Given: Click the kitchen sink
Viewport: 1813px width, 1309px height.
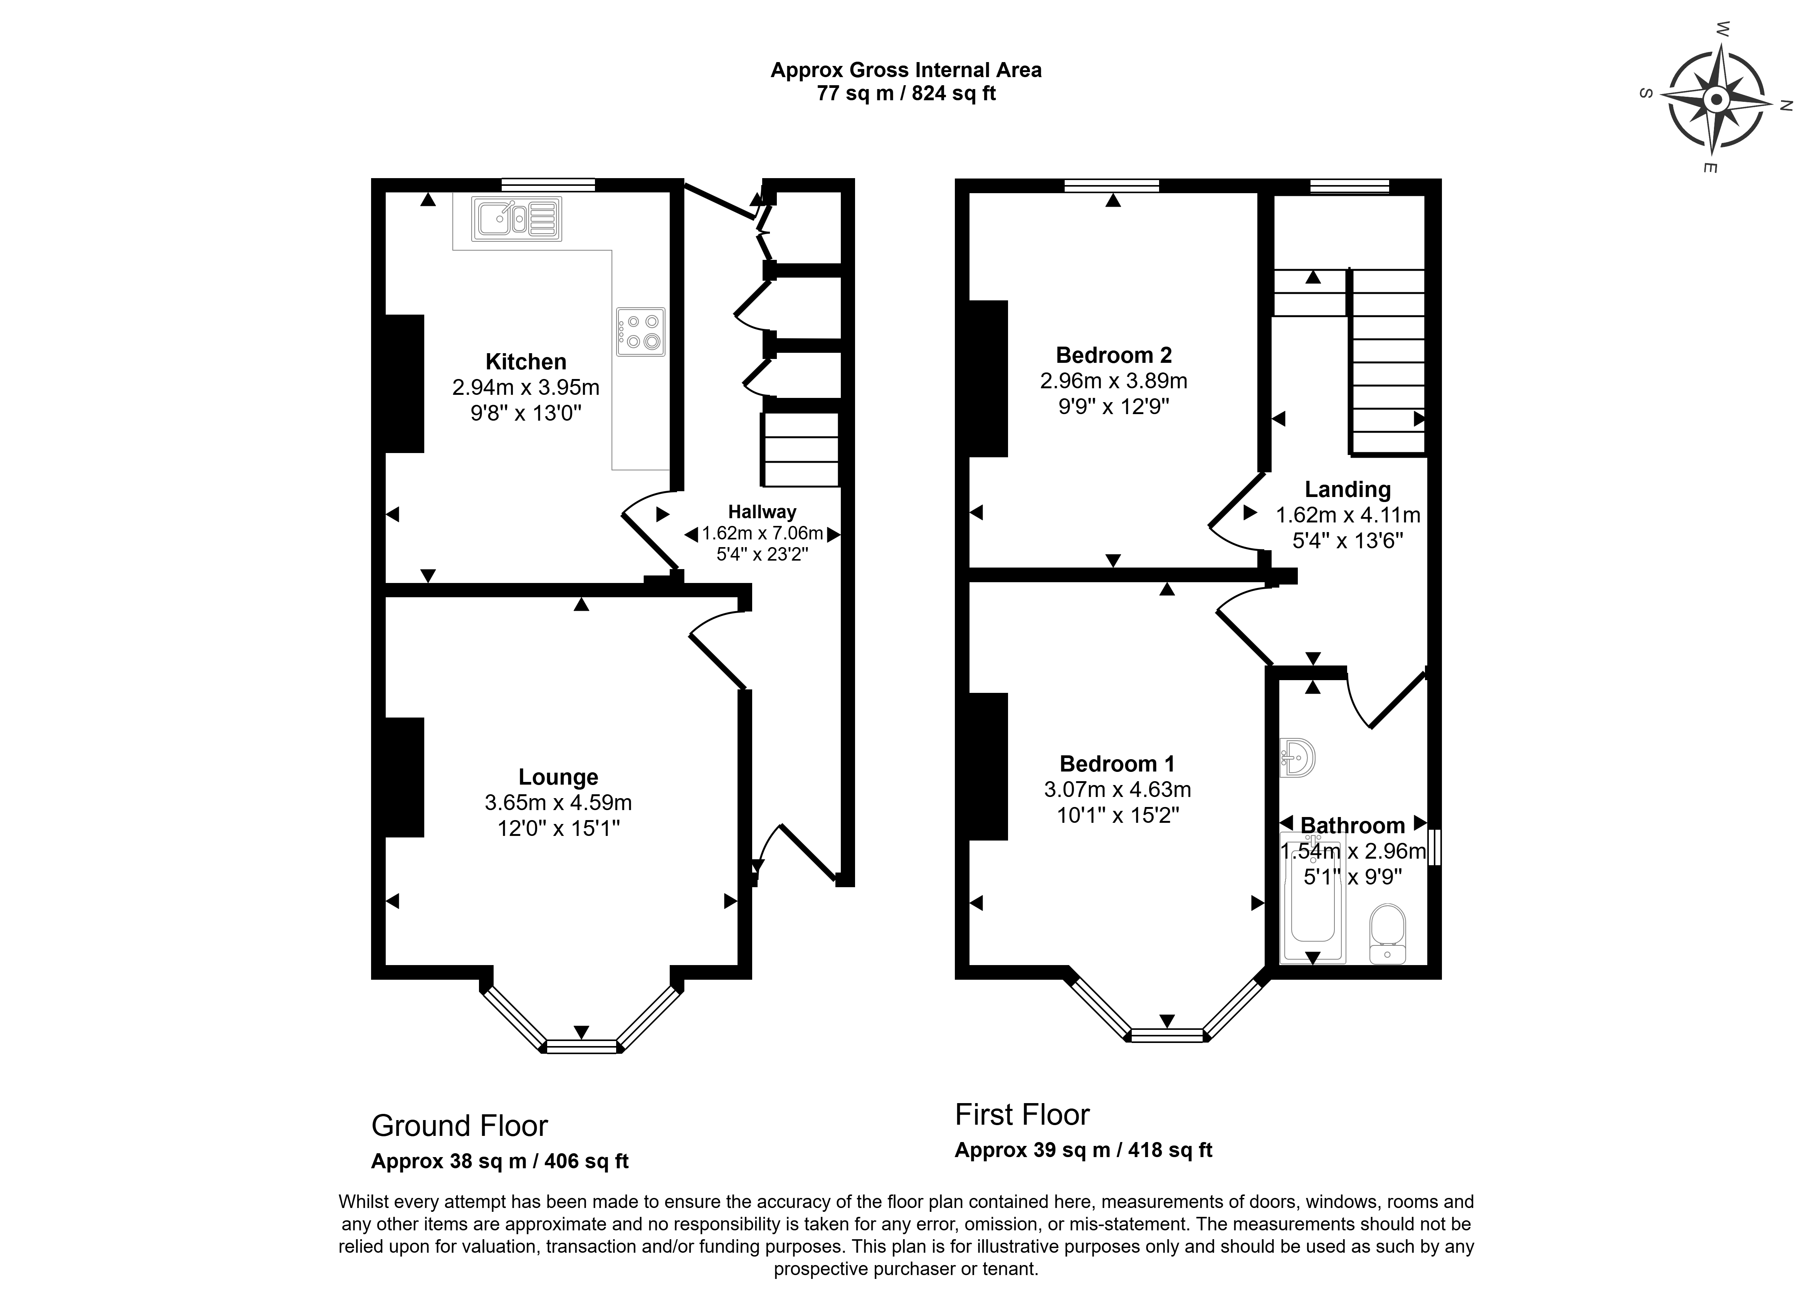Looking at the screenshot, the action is tap(516, 218).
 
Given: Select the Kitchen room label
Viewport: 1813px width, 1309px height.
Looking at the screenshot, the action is tap(526, 361).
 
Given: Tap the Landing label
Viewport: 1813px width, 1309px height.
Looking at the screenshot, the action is tap(1348, 489).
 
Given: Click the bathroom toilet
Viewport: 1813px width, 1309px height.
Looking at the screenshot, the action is tap(1388, 933).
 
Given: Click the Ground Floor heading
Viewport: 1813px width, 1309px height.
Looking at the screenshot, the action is tap(460, 1126).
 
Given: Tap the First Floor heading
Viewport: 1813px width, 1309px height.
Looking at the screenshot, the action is tap(1022, 1115).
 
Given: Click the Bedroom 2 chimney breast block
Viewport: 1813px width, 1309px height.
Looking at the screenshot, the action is tap(988, 378).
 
